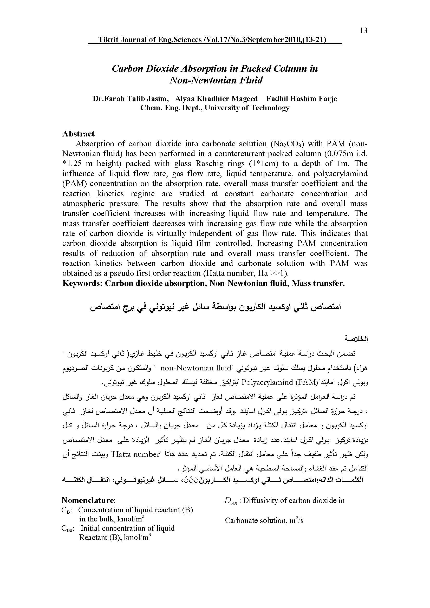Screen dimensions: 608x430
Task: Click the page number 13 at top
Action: [x=363, y=31]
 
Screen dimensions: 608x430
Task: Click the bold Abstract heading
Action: [x=78, y=134]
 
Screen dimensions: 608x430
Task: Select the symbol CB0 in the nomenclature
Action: [x=68, y=528]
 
